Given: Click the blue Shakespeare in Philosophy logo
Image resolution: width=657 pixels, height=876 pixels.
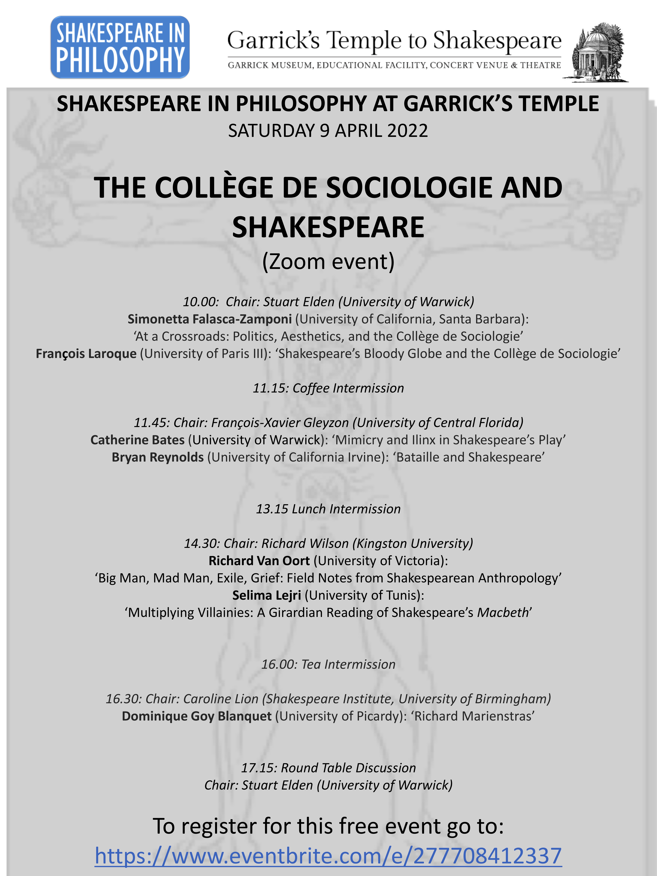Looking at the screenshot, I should click(120, 47).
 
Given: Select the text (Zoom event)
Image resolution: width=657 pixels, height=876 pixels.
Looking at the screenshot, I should click(328, 261).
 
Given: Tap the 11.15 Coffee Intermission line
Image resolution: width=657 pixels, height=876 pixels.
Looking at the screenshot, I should click(328, 388).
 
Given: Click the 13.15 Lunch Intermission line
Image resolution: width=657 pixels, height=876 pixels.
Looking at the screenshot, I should click(328, 509).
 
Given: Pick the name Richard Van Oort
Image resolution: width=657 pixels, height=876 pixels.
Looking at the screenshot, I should click(259, 561).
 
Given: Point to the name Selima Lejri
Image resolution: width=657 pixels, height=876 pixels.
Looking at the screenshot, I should click(266, 595).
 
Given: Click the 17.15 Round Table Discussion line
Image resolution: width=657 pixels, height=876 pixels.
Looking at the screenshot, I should click(328, 768).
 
